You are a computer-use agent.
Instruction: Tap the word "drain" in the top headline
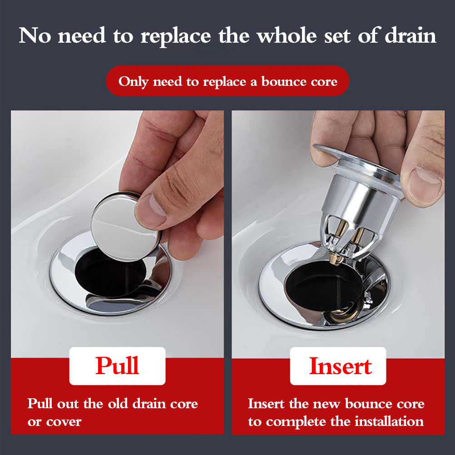click(x=410, y=36)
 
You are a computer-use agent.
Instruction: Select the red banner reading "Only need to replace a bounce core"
click(x=227, y=81)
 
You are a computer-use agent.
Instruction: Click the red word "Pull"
click(x=117, y=366)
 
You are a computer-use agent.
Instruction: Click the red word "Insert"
click(x=341, y=366)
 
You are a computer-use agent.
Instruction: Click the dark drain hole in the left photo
click(x=110, y=273)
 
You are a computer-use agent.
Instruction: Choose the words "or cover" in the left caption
click(x=54, y=422)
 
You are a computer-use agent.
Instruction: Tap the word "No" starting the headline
click(x=35, y=36)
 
